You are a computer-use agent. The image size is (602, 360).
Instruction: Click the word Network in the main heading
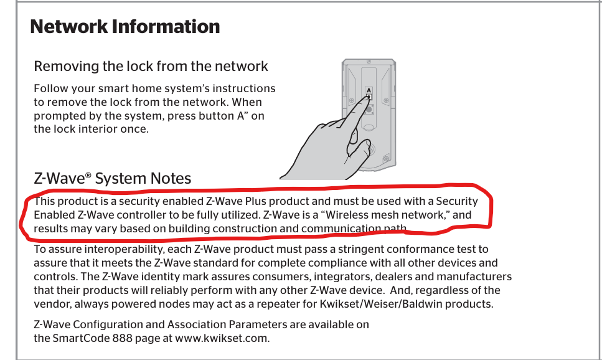coord(68,27)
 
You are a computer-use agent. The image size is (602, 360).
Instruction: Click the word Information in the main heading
coord(166,27)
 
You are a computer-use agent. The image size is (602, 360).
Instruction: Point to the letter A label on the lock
coord(369,90)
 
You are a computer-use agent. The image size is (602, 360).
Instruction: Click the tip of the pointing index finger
coord(367,97)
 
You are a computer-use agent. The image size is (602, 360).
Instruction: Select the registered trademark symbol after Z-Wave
coord(88,175)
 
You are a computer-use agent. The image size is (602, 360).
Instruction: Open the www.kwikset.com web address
coord(222,338)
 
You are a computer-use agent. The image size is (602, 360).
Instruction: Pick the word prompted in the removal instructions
coord(56,116)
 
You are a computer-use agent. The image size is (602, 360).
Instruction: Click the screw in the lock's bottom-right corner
coord(386,157)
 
